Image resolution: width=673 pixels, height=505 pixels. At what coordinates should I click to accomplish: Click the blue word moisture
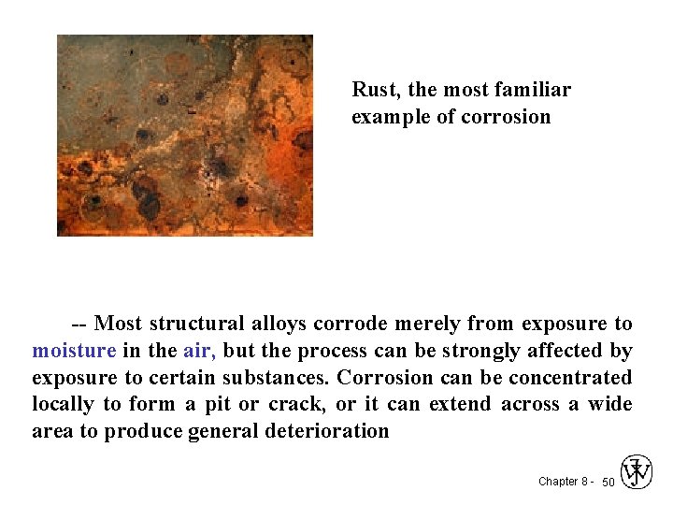click(x=74, y=351)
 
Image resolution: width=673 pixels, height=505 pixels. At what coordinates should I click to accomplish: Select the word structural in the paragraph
click(x=197, y=324)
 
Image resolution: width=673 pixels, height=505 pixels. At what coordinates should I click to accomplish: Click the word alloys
click(x=279, y=324)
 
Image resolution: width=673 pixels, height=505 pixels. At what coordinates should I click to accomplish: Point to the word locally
click(x=62, y=404)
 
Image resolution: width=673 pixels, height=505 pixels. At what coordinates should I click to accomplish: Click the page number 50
click(x=608, y=482)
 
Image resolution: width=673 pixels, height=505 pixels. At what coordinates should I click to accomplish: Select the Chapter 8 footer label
click(x=564, y=482)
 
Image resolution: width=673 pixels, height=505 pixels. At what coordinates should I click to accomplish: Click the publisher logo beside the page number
click(x=637, y=472)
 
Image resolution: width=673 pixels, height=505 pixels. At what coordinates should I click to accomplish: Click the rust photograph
click(x=185, y=136)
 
